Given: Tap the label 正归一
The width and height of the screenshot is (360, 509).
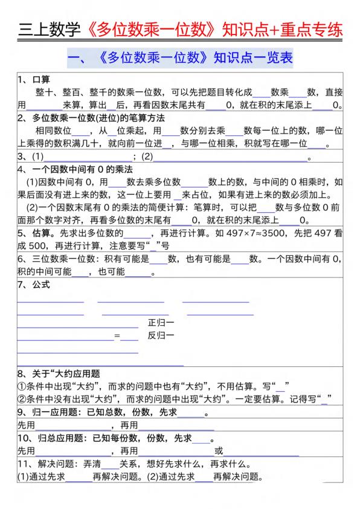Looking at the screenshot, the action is point(161,323).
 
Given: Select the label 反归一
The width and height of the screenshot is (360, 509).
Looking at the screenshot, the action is point(161,336).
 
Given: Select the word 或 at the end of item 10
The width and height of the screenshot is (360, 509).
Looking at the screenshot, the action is point(219,451).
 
